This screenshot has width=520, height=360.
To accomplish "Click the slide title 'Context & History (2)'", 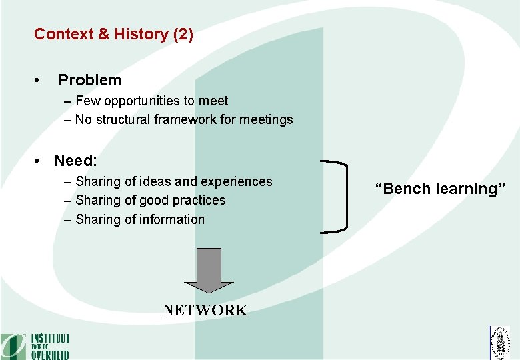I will [113, 34].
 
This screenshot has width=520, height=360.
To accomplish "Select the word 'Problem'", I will [90, 80].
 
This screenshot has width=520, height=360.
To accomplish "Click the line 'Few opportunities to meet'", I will [151, 101].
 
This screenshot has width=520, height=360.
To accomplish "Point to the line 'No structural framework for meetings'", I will [184, 120].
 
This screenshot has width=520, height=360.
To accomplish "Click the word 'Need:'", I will [75, 161].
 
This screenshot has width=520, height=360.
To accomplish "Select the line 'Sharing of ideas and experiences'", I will [173, 181].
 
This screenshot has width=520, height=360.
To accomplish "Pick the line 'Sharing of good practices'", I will [150, 200].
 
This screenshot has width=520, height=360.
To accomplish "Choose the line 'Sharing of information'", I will [140, 219].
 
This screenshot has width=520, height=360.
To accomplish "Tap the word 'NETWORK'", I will [205, 310].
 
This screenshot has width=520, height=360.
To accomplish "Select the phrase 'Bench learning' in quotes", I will [440, 189].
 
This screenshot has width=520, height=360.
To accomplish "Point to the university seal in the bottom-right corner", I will [499, 343].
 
